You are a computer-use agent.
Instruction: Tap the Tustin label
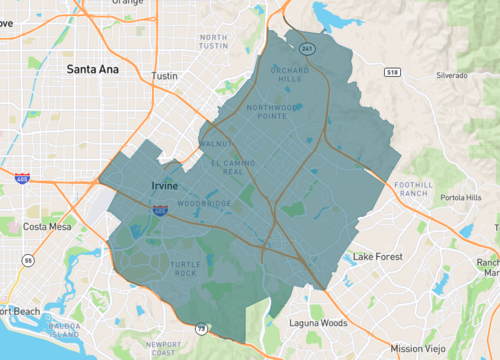pos(164,76)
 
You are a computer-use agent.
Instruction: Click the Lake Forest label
pos(377,257)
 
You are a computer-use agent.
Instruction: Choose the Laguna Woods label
pos(318,323)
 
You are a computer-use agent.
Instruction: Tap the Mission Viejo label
pos(420,348)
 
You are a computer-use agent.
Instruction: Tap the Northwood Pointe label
pos(273,113)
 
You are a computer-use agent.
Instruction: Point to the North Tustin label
pos(213,42)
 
